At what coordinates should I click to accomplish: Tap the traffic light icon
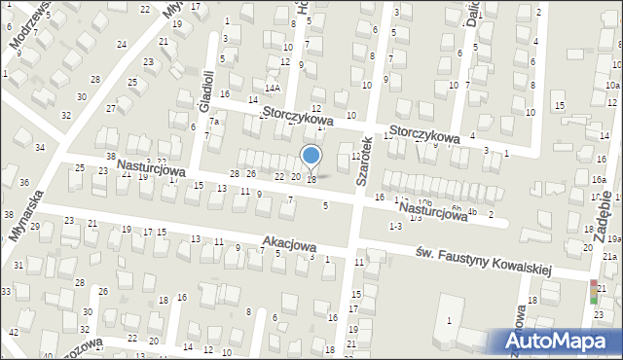pos(594,292)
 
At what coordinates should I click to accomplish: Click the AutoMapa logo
pos(560,342)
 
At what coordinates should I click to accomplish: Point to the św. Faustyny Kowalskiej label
pos(483,262)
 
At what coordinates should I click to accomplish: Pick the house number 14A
pos(273,86)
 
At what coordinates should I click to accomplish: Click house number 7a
pos(213,123)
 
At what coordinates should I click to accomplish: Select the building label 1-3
pos(394,226)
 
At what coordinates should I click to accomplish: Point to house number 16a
pos(597,181)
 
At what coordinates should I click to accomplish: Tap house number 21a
pos(608,255)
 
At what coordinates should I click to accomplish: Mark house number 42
pos(13,333)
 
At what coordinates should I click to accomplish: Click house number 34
pos(39,147)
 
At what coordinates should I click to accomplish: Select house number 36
pos(23,182)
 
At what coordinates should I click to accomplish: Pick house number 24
pos(122,45)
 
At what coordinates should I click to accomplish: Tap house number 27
pos(112,108)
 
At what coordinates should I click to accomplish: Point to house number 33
pos(5,292)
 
